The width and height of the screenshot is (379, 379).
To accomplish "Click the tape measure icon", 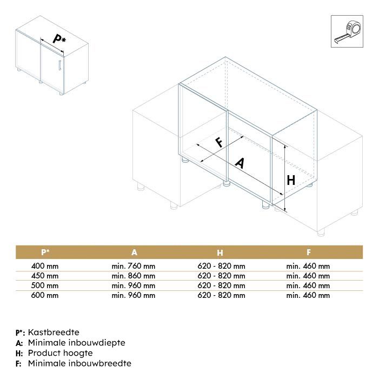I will (x=347, y=31).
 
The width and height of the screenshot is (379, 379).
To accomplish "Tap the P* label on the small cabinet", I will (x=59, y=38).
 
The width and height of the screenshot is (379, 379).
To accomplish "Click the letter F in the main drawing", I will (x=219, y=142).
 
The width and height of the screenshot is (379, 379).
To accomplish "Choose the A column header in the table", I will (x=134, y=252).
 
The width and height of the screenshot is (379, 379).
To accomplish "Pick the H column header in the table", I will (x=221, y=252).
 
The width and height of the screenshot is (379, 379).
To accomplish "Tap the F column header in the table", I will (x=308, y=252).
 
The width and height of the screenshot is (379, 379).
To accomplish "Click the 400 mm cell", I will (x=45, y=266).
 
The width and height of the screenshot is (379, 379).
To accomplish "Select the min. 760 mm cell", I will (x=134, y=266).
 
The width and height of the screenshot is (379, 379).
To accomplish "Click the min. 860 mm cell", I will (x=134, y=276).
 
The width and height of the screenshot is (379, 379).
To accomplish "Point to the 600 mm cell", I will (x=45, y=295).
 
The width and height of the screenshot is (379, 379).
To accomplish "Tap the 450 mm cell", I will (x=45, y=276).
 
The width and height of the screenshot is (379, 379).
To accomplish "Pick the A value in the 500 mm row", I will (x=134, y=285).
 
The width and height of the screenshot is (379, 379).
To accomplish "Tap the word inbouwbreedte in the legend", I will (x=100, y=363).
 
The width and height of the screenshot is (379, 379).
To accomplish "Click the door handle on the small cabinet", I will (x=58, y=67).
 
